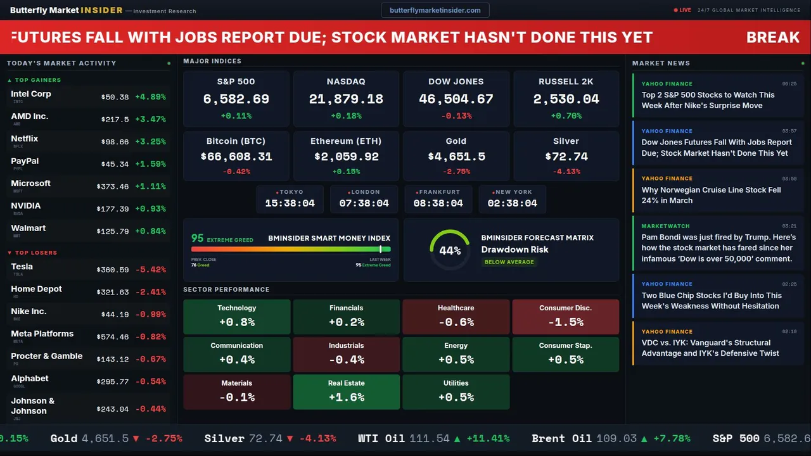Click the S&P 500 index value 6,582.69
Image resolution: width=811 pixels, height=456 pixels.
pyautogui.click(x=236, y=99)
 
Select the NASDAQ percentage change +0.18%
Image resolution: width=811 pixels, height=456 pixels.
pyautogui.click(x=346, y=116)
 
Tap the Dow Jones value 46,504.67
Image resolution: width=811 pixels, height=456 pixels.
pyautogui.click(x=456, y=99)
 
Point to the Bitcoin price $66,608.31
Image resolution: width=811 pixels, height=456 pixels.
pyautogui.click(x=236, y=156)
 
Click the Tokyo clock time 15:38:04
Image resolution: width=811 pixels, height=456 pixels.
pyautogui.click(x=290, y=203)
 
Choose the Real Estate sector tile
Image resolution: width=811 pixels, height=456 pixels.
pyautogui.click(x=346, y=391)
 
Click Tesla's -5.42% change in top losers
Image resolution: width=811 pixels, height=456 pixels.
pyautogui.click(x=150, y=270)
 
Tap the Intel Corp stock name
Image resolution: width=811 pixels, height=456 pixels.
pyautogui.click(x=31, y=94)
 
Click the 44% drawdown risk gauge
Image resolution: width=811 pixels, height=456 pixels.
pyautogui.click(x=450, y=250)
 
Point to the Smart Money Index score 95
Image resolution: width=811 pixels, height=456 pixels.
pyautogui.click(x=198, y=238)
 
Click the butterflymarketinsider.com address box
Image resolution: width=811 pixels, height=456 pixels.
pyautogui.click(x=435, y=10)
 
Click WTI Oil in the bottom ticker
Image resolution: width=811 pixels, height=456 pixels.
pyautogui.click(x=381, y=438)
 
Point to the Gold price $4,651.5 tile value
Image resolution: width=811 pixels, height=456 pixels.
pyautogui.click(x=456, y=156)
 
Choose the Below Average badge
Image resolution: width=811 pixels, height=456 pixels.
pyautogui.click(x=509, y=262)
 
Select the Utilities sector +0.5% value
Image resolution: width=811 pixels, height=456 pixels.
pyautogui.click(x=456, y=397)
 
